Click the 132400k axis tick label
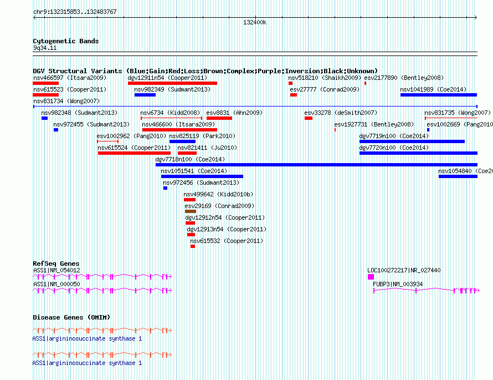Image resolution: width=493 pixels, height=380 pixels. [x=255, y=22]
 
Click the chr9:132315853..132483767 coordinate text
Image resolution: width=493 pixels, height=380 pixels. [x=75, y=12]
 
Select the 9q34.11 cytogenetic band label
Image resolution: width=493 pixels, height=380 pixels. [x=45, y=48]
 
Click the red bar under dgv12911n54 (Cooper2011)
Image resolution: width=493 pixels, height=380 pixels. [x=172, y=83]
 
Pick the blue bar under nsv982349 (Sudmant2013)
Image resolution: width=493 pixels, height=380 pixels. [x=145, y=95]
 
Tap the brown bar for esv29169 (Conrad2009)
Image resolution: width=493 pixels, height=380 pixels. [x=191, y=211]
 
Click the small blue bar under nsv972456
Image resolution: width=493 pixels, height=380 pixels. [x=166, y=188]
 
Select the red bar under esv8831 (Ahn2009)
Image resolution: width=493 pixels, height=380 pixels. [x=219, y=118]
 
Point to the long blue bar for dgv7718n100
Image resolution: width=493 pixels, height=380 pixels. [x=316, y=165]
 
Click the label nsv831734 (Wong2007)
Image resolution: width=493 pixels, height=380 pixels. [x=66, y=101]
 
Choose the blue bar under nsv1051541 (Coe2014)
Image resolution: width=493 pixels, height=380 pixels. [x=202, y=176]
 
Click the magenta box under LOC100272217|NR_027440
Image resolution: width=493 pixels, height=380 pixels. [x=371, y=277]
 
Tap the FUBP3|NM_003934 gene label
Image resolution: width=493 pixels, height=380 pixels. [x=398, y=284]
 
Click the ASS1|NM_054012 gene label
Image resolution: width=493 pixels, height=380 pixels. [x=57, y=271]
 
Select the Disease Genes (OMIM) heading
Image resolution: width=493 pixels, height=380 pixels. [x=71, y=317]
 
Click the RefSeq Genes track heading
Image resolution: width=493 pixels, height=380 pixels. [x=56, y=264]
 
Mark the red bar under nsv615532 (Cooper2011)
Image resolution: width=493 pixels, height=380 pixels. [x=193, y=246]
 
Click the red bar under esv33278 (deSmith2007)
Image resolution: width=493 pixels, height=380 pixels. [x=309, y=118]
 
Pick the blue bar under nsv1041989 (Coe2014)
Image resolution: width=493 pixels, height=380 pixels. [x=439, y=95]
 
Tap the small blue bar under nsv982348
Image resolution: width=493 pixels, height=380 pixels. [x=45, y=118]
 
